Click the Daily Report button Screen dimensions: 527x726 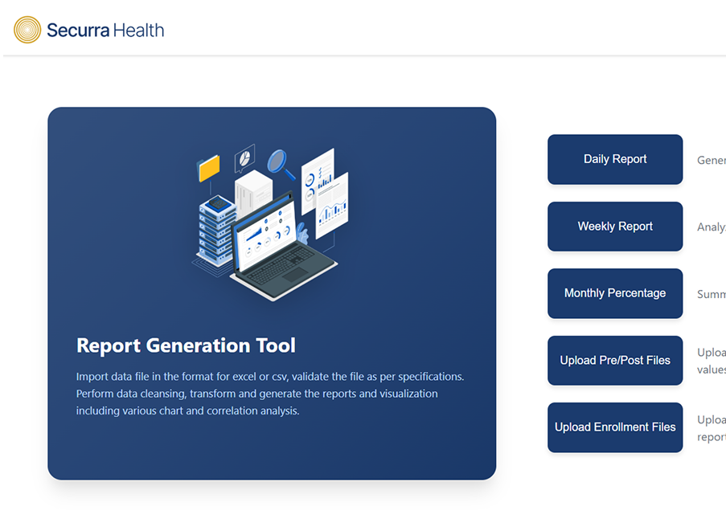(x=615, y=159)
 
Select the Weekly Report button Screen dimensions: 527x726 (x=615, y=227)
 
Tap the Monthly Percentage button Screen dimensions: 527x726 (x=615, y=293)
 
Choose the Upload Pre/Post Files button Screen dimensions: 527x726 (x=615, y=361)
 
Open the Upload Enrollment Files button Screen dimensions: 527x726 (x=615, y=427)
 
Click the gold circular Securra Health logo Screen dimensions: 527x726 (x=27, y=31)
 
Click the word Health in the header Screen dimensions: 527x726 (x=137, y=31)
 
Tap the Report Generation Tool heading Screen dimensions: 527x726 (x=186, y=345)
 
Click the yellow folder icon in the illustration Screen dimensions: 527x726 (x=209, y=167)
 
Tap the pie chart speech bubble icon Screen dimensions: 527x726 (x=244, y=157)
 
